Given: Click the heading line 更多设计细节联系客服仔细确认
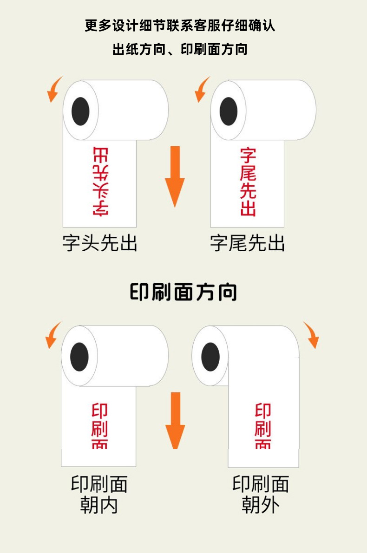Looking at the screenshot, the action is point(180,25).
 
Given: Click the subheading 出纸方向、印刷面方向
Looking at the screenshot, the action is point(180,49).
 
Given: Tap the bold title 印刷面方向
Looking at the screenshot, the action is point(183,292).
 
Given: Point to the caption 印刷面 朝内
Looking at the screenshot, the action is point(99,494).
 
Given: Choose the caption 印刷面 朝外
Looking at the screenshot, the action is point(261,494).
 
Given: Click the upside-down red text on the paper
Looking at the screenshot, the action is point(100,182).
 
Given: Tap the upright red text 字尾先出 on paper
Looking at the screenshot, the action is point(248,182).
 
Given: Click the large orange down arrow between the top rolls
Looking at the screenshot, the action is point(175,176).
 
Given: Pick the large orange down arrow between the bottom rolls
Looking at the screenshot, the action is point(175,420).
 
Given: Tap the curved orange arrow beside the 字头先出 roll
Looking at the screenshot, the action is point(55,89).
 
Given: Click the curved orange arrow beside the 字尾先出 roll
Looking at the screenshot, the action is point(202,89).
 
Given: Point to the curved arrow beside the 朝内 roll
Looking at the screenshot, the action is point(53,334).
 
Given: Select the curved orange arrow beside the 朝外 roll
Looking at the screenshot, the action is point(312,334).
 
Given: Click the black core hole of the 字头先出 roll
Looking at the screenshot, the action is point(80,111).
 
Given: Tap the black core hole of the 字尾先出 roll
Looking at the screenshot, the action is point(228,111).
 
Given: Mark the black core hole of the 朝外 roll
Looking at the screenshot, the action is point(210,357).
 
